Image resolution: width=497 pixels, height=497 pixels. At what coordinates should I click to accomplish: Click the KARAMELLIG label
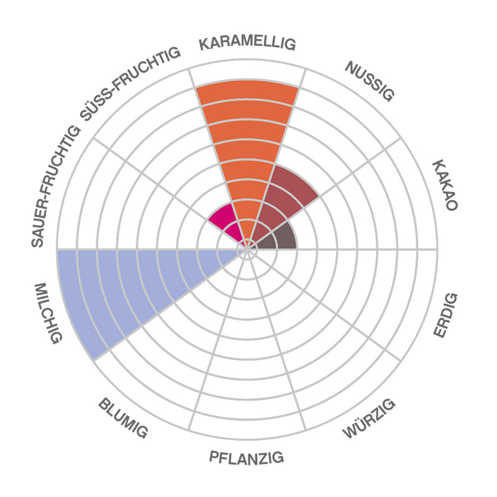coord(247,44)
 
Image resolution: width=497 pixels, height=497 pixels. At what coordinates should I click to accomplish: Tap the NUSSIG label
coord(370,81)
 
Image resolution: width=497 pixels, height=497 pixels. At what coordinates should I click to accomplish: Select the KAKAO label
coord(445,185)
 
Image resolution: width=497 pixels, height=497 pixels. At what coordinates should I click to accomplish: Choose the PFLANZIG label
coord(247,458)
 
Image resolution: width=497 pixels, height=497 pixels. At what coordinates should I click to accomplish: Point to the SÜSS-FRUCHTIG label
coord(130,84)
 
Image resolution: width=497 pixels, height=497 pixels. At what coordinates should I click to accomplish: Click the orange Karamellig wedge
coord(247,143)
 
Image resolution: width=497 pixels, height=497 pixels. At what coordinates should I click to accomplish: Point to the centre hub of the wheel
coord(247,249)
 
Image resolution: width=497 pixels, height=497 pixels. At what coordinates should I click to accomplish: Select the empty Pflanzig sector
coord(247,373)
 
